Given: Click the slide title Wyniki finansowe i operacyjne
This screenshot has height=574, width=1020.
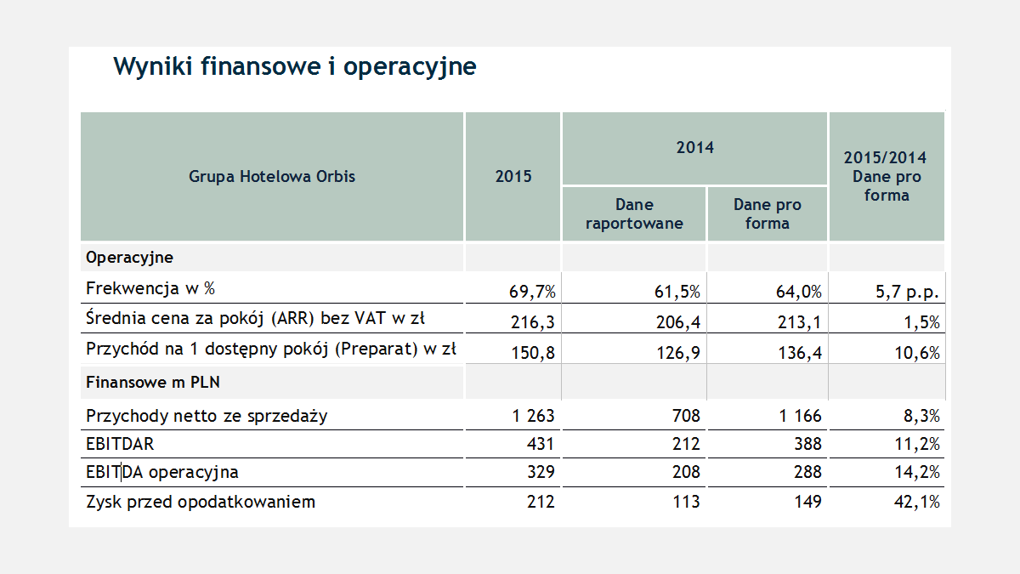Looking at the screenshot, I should coord(294,66).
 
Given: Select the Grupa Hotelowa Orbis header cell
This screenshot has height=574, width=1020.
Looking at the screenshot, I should coord(272,177).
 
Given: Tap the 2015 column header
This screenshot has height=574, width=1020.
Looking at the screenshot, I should coord(513,177).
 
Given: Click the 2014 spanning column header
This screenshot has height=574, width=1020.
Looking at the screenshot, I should coord(694,148).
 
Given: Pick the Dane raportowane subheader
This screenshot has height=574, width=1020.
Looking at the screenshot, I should coord(634,214).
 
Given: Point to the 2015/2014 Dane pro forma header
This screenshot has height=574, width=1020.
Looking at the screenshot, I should coord(886,177).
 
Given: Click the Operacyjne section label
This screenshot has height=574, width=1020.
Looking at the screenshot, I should coord(129,257).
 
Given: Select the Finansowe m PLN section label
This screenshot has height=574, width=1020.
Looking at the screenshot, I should coord(153,383).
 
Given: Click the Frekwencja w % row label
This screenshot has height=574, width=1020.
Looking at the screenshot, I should coord(150,289).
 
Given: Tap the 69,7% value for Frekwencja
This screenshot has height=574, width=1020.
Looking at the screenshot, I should coord(532,293).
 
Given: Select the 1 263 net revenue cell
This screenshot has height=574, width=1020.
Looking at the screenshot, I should coord(533,416).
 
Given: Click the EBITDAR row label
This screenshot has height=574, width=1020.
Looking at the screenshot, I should coord(120,444).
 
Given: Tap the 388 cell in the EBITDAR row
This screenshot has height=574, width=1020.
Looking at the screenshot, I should coord(807,444).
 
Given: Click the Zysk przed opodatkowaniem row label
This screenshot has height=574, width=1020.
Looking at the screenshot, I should coord(201,502).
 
